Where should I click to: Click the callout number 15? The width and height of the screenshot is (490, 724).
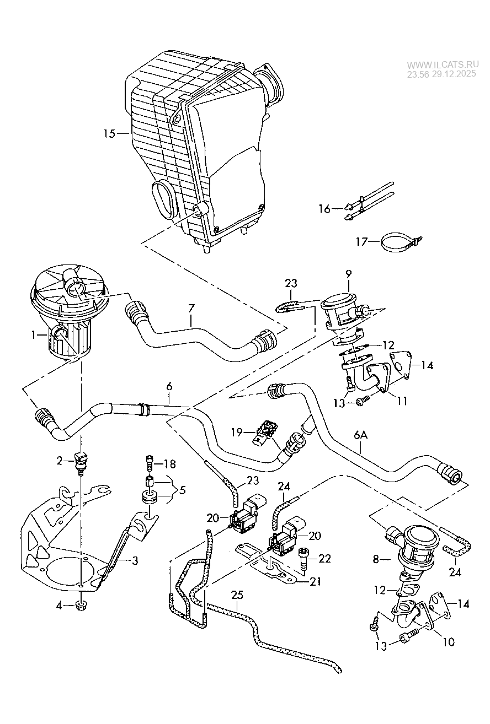(109, 133)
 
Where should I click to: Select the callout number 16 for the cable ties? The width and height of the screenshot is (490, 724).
(324, 208)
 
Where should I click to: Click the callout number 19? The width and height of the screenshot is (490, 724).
(237, 433)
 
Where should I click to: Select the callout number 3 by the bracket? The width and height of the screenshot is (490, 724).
(134, 561)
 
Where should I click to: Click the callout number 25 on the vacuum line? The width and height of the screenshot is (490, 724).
(237, 595)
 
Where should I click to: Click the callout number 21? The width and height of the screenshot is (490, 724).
(315, 581)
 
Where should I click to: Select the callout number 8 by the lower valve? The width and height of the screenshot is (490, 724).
(376, 560)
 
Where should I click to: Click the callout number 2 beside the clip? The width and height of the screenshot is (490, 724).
(60, 461)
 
